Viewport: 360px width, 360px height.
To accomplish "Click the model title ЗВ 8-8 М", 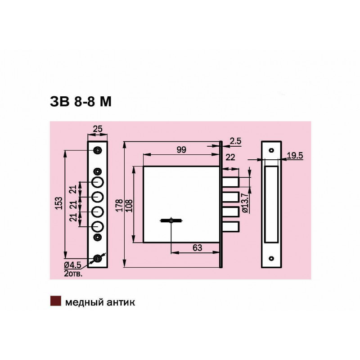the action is tap(81, 101).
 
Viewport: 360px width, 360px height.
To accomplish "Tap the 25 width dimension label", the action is tap(98, 129).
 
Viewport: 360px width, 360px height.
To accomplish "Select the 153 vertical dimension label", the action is tap(59, 203).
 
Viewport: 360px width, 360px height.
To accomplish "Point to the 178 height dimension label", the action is tap(119, 205).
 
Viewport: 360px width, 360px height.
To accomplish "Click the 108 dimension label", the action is tap(129, 206).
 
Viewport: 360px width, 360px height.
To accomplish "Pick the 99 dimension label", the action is tap(181, 150).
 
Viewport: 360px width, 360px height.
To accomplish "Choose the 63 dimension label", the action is tap(197, 248).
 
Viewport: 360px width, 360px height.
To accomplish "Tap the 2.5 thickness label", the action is tap(235, 141).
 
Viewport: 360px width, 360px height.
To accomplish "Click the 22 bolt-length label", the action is tap(230, 157).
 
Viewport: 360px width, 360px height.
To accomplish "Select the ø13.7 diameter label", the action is tap(245, 203).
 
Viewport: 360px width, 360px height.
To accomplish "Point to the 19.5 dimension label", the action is tap(295, 155).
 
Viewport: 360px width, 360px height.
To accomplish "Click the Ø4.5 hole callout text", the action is tap(72, 265).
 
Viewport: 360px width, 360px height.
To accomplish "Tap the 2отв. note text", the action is tap(73, 274).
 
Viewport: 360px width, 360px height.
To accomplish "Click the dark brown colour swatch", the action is tap(55, 301).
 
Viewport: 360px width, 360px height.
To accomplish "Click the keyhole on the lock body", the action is tap(171, 220).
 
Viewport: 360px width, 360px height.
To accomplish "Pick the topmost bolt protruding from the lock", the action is tap(230, 182).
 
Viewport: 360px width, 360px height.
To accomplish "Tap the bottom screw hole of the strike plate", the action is tap(271, 258).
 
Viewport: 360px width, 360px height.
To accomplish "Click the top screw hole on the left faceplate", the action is tap(98, 150).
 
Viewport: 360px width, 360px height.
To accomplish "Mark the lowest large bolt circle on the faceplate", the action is tap(98, 227).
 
